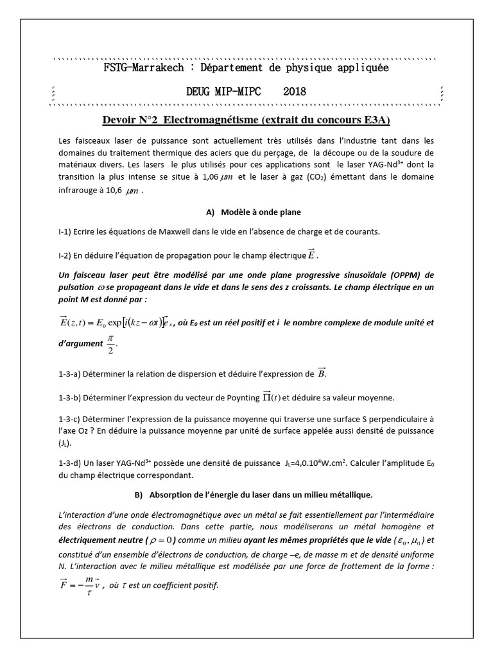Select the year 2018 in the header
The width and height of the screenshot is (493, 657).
pos(295,92)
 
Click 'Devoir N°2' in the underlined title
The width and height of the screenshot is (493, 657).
pos(134,120)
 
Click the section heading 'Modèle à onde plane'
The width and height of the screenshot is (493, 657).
pos(261,212)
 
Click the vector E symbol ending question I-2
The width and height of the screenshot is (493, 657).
pos(312,255)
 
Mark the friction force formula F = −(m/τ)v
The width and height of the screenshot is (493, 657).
pos(80,585)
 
